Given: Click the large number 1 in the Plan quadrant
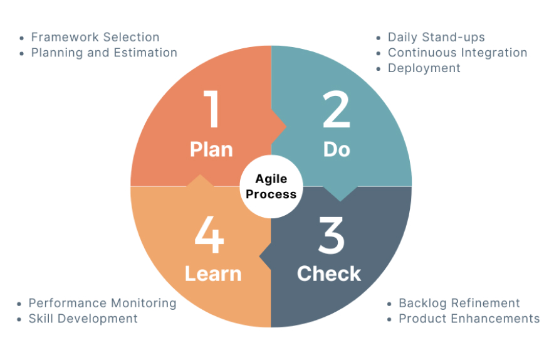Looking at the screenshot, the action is tap(212, 109).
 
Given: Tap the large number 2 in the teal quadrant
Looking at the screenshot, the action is tap(336, 109).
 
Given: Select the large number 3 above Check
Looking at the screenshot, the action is tap(331, 235).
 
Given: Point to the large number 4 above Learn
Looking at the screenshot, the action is tap(209, 235).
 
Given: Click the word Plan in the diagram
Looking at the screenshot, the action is tap(211, 150).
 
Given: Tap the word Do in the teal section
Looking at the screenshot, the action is tap(337, 150).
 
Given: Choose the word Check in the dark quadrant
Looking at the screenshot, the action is tap(329, 273).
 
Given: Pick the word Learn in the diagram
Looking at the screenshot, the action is tap(213, 273).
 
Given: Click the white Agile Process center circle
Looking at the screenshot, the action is tap(271, 186).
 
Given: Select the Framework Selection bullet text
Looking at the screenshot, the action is tap(95, 37).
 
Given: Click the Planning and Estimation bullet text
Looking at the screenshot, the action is tap(104, 53).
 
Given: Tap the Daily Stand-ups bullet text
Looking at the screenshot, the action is tap(436, 37).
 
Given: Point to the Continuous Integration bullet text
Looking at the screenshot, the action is tap(457, 53).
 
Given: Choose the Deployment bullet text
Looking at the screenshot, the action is tap(424, 68).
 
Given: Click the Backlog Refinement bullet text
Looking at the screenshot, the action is tap(459, 303).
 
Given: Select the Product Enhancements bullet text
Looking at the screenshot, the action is tap(469, 319).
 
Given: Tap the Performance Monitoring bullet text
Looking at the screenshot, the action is tap(102, 303).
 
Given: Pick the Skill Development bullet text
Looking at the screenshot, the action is tap(83, 319).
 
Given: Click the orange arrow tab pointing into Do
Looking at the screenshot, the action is tap(278, 127).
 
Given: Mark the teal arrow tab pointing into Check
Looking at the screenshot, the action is tap(340, 194).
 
